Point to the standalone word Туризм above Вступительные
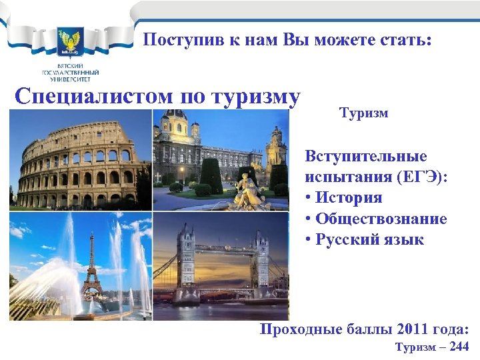[364, 113]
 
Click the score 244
[460, 347]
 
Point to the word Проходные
[294, 329]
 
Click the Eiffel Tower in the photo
[91, 267]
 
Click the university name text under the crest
[70, 71]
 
